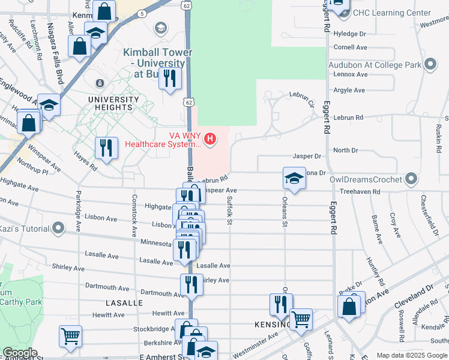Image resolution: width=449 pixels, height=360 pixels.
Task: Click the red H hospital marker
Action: tap(209, 140)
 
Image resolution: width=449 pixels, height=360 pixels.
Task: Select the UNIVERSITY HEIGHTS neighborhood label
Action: tap(109, 103)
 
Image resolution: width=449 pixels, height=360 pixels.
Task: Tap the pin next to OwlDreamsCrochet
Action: tap(411, 178)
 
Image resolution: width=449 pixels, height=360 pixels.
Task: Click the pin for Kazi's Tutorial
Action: tap(58, 227)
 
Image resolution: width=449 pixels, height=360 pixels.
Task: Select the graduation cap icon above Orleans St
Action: tap(294, 178)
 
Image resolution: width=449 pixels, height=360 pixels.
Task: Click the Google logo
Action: tap(19, 353)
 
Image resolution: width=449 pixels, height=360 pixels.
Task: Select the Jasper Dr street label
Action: tap(307, 156)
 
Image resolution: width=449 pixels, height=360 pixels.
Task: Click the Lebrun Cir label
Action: tap(301, 98)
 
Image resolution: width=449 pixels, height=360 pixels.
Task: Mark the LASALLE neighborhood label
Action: tap(124, 303)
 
